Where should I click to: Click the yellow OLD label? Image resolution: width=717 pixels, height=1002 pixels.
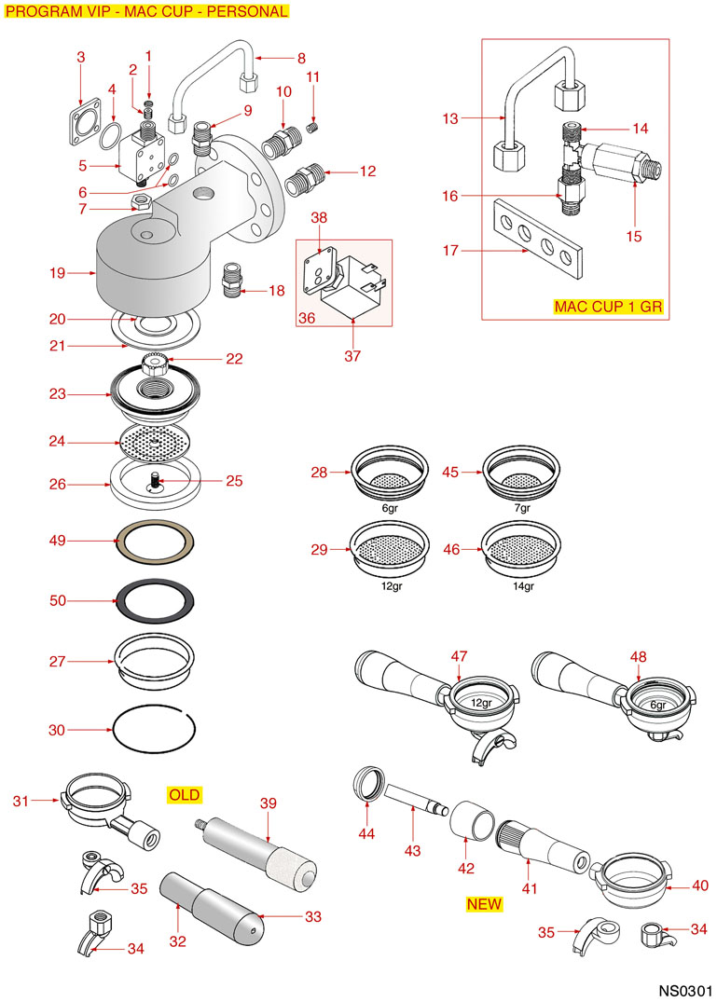coord(184,795)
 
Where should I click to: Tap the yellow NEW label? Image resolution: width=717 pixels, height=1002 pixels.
coord(484,904)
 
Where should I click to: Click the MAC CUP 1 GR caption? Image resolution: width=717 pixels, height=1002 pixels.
coord(608,306)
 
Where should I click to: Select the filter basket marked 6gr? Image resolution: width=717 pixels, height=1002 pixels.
coord(390,471)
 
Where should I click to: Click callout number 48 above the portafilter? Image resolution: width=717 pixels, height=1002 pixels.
coord(638,658)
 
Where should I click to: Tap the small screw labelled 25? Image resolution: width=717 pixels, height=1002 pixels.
coord(155,481)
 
